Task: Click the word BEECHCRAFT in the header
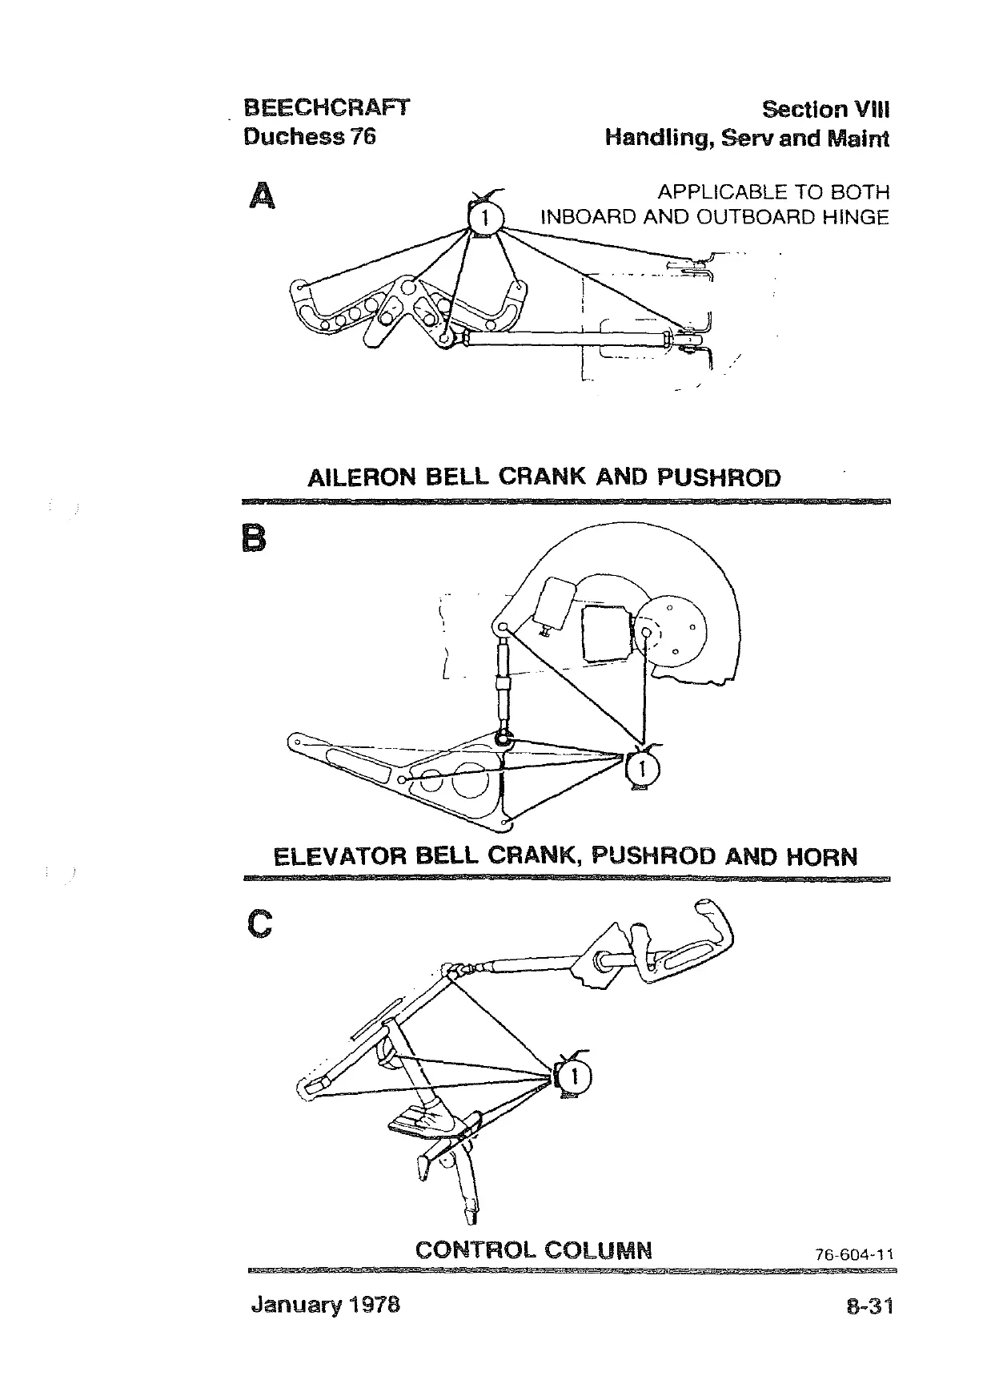326,108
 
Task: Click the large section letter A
261,196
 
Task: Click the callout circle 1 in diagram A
483,218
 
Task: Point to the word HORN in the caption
822,858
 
